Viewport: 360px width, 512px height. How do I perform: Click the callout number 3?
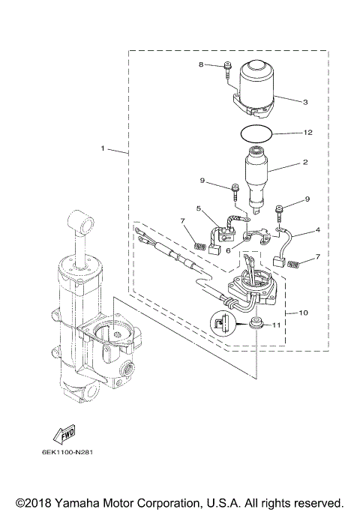(304, 101)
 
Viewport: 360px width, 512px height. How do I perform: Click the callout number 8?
(201, 65)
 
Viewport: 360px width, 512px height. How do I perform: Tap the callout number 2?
(304, 161)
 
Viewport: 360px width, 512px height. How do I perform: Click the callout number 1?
(103, 148)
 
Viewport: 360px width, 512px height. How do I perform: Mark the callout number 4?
(317, 229)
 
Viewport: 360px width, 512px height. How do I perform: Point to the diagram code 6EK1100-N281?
(58, 454)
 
